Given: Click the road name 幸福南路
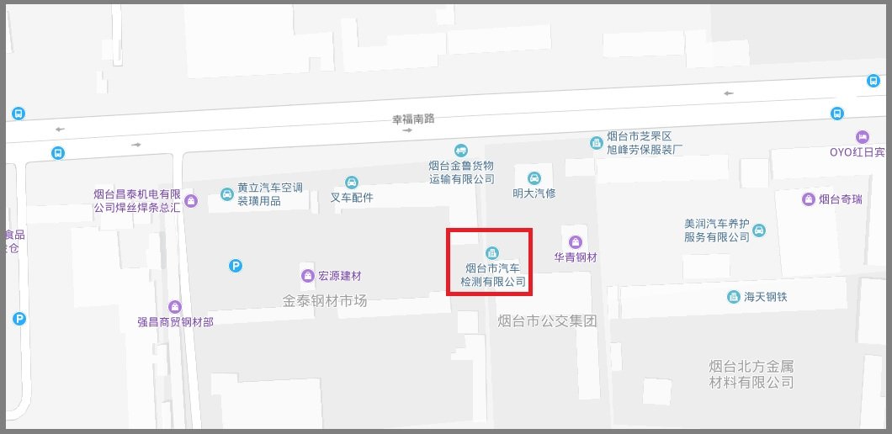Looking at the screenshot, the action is click(414, 119).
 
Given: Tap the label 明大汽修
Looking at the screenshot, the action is click(534, 193).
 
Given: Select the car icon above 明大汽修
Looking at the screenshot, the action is click(534, 177).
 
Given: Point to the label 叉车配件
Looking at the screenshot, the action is click(352, 198).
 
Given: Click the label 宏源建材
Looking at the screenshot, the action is click(339, 275).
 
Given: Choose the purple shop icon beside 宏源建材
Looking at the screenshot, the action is click(307, 275).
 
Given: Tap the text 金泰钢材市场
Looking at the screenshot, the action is click(325, 300).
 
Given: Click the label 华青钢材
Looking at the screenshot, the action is click(576, 257).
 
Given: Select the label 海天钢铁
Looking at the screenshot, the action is click(765, 297).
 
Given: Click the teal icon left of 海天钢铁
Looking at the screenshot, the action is click(733, 297).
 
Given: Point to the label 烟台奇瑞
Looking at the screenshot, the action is click(841, 199).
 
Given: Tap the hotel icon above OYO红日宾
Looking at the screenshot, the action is click(862, 137).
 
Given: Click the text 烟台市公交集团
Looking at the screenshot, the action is click(547, 320).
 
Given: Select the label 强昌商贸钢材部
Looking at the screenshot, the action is click(175, 321).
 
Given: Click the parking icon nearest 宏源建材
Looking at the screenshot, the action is click(236, 266).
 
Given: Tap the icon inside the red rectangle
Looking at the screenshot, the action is click(491, 252).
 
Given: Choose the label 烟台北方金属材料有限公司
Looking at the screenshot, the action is click(751, 374).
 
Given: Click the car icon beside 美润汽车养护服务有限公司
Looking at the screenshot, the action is click(759, 230).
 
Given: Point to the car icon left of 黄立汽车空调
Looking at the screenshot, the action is click(226, 194).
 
